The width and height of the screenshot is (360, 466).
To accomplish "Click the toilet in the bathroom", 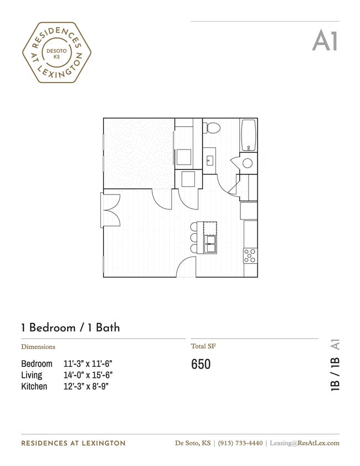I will [x=212, y=128].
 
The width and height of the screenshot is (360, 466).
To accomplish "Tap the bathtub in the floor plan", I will [x=249, y=135].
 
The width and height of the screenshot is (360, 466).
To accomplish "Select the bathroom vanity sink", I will [x=210, y=161].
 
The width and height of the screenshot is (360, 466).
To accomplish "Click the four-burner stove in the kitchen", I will [x=250, y=255].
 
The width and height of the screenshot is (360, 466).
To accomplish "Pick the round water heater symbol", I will [x=248, y=163].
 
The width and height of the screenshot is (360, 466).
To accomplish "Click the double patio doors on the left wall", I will [x=111, y=209].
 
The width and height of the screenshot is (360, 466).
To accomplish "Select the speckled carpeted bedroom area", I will [x=139, y=153].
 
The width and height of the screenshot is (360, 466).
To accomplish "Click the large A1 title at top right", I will [x=325, y=40].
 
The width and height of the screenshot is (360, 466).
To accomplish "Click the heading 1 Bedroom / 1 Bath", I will [x=70, y=327].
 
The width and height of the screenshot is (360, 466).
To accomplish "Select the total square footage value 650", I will [x=201, y=364].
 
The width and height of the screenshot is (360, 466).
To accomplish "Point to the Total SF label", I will [x=203, y=346].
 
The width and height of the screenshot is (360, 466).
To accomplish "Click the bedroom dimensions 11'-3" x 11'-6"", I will [x=88, y=364].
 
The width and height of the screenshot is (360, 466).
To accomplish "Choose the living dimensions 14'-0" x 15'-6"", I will [x=88, y=375].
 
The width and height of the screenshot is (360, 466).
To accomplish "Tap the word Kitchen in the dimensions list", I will [x=34, y=386].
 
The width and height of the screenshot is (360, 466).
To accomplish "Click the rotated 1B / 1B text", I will [x=335, y=375].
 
